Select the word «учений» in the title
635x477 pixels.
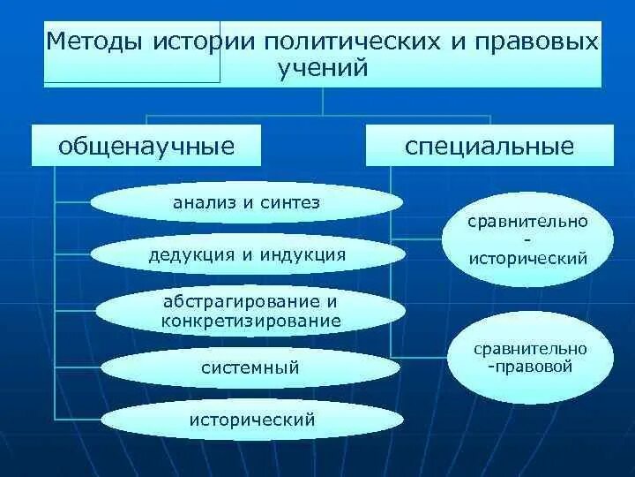[322, 69]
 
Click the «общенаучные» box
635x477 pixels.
[146, 146]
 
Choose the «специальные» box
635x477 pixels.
[489, 146]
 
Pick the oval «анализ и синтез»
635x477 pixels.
[246, 203]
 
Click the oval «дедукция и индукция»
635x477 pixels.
[247, 255]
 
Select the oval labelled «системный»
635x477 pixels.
[250, 367]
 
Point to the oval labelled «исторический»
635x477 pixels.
[251, 420]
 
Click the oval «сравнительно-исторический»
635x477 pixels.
[527, 239]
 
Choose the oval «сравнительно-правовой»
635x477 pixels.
[529, 357]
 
